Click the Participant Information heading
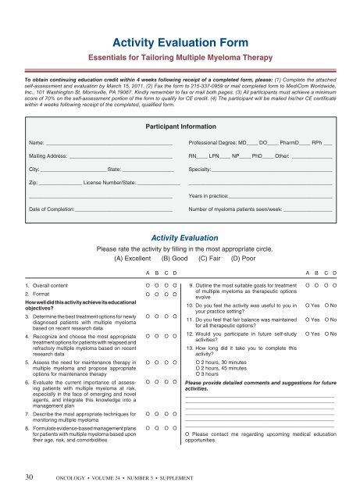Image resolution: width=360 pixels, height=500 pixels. pyautogui.click(x=180, y=125)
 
